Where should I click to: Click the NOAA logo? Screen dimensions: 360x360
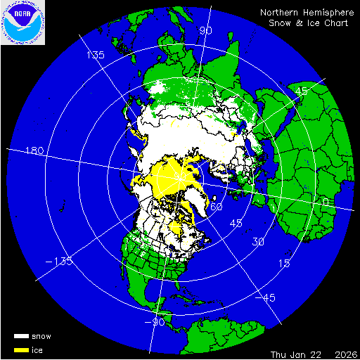coord(22,23)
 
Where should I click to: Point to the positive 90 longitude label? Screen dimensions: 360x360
coord(206,31)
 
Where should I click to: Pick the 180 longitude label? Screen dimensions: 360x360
coord(34,151)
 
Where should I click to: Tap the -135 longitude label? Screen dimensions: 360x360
coord(61,262)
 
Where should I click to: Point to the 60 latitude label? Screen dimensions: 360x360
coord(217,207)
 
